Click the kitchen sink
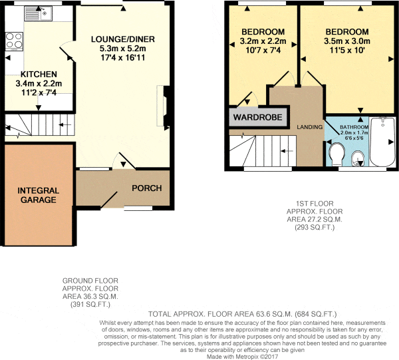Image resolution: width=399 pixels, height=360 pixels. coord(38,13)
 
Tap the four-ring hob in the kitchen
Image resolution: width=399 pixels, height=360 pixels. coord(14,41)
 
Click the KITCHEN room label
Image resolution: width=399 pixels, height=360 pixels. coord(39,75)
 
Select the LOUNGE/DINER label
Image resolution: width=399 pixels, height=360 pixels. coord(123,39)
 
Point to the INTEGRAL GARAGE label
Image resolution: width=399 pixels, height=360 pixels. coord(39,195)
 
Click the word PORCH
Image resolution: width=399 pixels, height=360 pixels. coord(147,188)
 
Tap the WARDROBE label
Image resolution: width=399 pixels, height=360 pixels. coord(258,117)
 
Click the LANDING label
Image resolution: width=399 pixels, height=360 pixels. coord(310,127)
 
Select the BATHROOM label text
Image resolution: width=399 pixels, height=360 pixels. coord(354,127)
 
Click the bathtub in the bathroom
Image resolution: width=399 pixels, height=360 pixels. coord(382,142)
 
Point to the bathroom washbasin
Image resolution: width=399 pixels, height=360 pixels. coord(358,158)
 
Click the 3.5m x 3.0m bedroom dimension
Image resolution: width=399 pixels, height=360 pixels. coord(347,41)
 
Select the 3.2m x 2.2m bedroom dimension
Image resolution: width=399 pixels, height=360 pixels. coord(263,41)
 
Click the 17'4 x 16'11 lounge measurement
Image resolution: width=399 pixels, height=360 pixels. coord(123,58)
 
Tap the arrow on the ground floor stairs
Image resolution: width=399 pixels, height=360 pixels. coord(65,124)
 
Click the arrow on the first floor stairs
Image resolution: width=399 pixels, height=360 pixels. coord(287,151)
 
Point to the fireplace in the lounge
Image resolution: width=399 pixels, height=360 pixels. coord(163,106)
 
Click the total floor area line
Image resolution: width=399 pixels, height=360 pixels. coord(242,314)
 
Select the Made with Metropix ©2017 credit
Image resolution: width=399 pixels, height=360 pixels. coord(242,357)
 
